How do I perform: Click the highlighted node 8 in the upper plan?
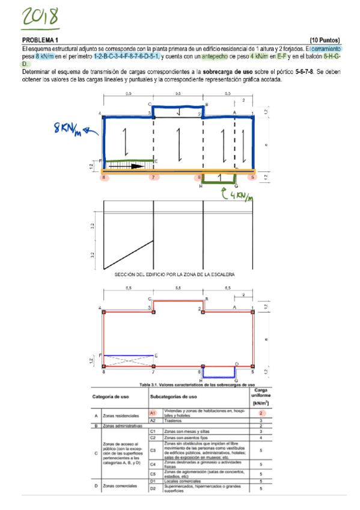(104, 178)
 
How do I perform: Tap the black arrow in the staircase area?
(129, 167)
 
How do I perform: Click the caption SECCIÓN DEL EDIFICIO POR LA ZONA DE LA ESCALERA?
(174, 274)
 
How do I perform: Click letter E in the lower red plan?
(156, 356)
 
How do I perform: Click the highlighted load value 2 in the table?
(261, 413)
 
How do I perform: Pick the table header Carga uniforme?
(261, 396)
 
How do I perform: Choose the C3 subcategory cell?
(153, 450)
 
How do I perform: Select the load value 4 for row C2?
(261, 438)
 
